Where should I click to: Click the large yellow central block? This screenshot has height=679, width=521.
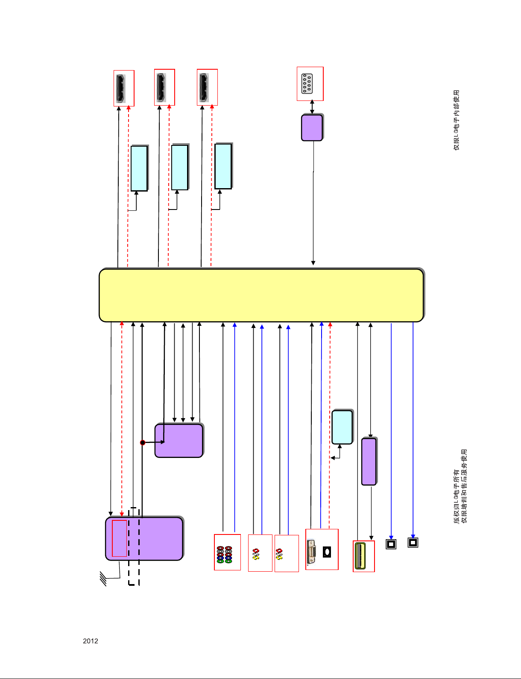tap(261, 295)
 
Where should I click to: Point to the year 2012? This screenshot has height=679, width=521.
tap(91, 641)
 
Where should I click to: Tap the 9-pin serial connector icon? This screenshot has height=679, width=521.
tap(307, 84)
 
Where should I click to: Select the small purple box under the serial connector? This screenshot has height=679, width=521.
tap(312, 127)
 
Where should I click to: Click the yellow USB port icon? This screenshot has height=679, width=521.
tap(360, 556)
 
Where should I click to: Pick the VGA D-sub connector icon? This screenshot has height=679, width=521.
tap(312, 552)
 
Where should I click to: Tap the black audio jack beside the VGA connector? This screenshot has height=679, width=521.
tap(327, 552)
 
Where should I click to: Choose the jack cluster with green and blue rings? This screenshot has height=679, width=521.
tap(225, 555)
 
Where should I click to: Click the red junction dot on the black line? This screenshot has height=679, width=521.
tap(143, 443)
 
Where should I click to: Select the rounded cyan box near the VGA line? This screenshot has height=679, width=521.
tap(342, 427)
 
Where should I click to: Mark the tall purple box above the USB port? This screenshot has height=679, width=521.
tap(369, 461)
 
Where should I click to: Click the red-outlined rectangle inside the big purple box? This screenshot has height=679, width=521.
tap(119, 538)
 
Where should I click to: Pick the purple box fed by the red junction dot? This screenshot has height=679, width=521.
tap(179, 441)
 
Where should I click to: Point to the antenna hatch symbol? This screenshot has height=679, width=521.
tap(103, 579)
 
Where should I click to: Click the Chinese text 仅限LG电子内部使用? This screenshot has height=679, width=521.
tap(457, 120)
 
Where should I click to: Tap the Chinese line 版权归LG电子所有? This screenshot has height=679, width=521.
tap(457, 496)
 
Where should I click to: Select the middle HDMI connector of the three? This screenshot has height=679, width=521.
tap(161, 87)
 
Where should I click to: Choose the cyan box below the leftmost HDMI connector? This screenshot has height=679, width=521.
tap(139, 168)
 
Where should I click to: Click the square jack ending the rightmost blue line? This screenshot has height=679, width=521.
tap(413, 543)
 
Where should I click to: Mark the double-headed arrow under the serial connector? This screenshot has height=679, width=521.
tap(312, 107)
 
